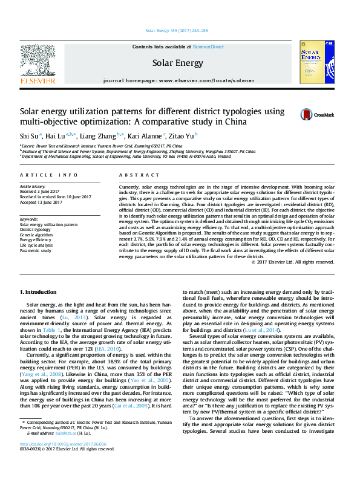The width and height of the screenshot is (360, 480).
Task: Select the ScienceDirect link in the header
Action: coord(208,47)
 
